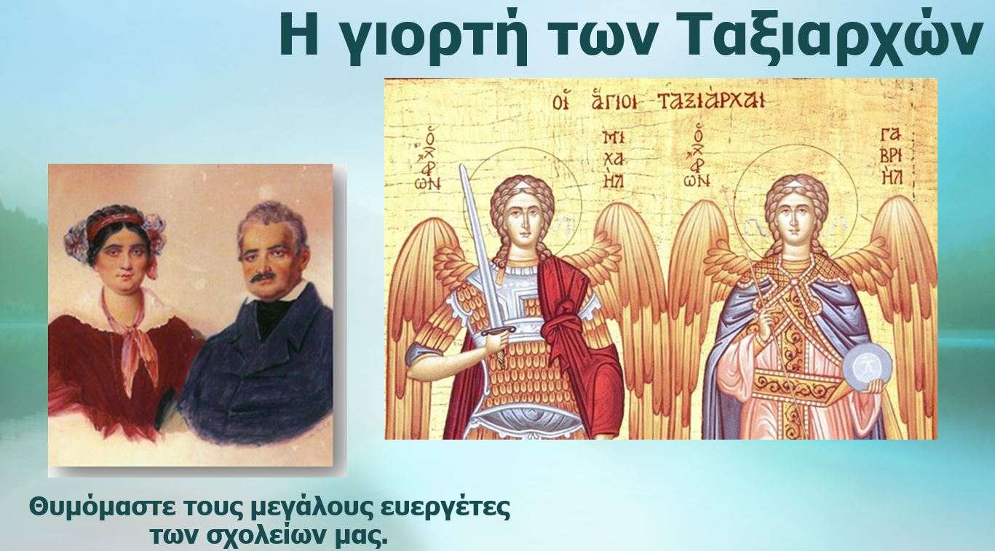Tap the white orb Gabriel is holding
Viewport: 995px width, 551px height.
[x=867, y=369]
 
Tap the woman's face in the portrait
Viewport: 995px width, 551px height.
[x=123, y=262]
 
